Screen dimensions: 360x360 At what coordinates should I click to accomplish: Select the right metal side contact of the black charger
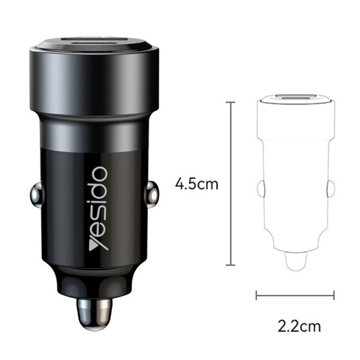click(152, 195)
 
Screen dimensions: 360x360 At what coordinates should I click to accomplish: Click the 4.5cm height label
click(197, 184)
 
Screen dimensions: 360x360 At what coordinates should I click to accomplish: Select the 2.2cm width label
click(299, 326)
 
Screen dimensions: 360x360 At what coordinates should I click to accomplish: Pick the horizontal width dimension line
click(295, 294)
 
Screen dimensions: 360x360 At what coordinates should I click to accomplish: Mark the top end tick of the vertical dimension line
click(230, 103)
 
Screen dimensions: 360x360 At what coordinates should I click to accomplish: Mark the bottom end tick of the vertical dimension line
click(230, 265)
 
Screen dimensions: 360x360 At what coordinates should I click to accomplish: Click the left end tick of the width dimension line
click(257, 294)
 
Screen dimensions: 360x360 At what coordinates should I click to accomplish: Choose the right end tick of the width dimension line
click(334, 294)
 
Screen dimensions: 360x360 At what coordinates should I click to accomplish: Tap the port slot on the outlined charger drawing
click(296, 97)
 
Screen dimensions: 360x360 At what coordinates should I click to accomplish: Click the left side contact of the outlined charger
click(261, 188)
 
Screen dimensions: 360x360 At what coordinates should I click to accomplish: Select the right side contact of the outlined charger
click(330, 188)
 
